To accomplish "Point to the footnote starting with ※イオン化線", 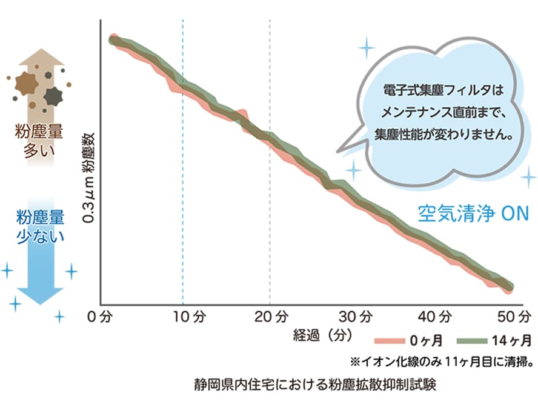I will pyautogui.click(x=442, y=361).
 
